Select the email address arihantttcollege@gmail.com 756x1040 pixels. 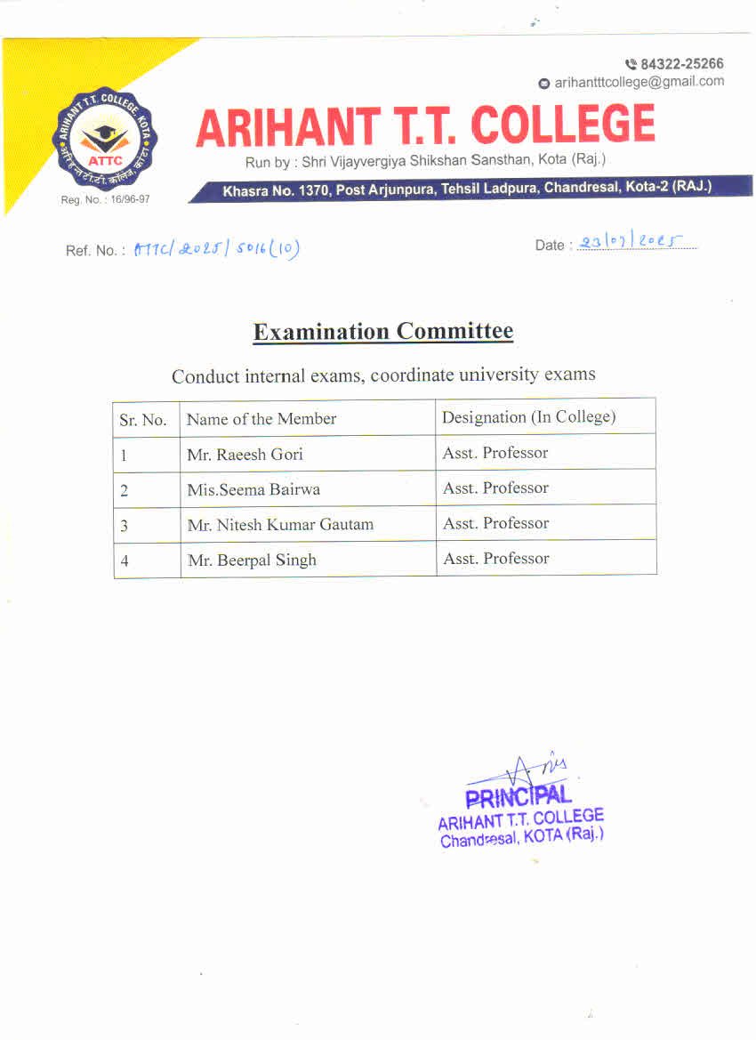pos(639,82)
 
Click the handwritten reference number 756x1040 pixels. pos(216,249)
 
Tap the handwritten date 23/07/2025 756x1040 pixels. pos(636,243)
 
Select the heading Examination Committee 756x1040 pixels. pos(382,332)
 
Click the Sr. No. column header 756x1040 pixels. pos(143,420)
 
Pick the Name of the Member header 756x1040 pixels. pos(261,418)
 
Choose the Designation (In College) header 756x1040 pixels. pos(528,416)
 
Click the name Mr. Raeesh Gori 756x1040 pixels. pos(245,454)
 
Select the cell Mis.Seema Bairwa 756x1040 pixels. pos(253,489)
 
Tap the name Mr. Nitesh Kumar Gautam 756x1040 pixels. pos(280,525)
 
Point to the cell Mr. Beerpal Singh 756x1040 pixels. pos(252,560)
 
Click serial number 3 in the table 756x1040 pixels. pos(124,525)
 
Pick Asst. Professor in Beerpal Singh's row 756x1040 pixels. pos(495,559)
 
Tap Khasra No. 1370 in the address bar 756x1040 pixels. pos(277,189)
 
